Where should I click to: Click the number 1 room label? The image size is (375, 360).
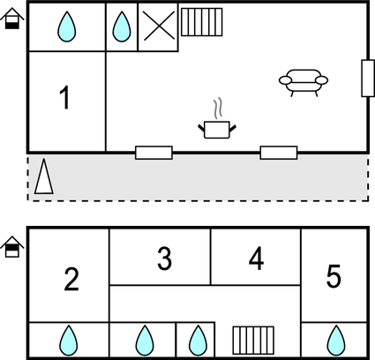[64, 99]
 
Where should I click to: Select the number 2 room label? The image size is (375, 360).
[71, 280]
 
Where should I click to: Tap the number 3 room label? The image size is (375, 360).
[164, 259]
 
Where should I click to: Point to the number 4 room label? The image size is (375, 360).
[256, 259]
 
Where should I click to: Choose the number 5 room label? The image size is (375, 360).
[334, 277]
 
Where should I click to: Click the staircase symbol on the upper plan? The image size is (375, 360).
[199, 22]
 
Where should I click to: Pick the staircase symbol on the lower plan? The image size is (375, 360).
[250, 340]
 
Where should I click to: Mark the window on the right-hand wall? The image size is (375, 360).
[366, 79]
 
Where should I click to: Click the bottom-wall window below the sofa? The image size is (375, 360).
[278, 153]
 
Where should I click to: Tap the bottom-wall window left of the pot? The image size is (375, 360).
[154, 153]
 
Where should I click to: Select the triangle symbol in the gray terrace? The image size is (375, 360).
[43, 179]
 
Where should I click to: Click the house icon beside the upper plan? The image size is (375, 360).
[11, 19]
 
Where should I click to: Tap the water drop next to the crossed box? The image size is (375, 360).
[122, 28]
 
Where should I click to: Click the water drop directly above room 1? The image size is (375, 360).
[66, 28]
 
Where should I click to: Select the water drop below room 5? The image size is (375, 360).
[334, 340]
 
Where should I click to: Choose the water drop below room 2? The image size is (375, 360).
[67, 340]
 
